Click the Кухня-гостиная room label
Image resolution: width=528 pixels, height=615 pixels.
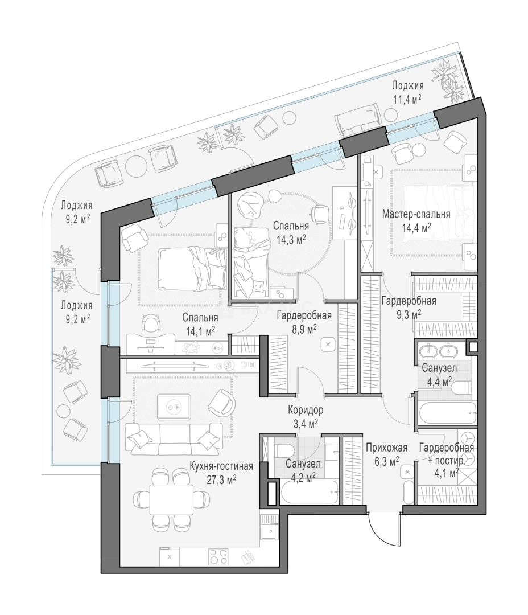click(221, 466)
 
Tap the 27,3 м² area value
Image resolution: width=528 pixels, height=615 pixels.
click(221, 479)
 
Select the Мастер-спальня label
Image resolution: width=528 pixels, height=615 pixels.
click(416, 214)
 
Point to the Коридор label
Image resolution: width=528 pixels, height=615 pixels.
click(306, 410)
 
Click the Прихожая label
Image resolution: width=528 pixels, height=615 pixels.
click(386, 448)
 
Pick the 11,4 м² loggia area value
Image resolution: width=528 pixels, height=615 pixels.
click(407, 99)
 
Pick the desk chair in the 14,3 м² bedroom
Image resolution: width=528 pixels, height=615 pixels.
click(320, 212)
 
